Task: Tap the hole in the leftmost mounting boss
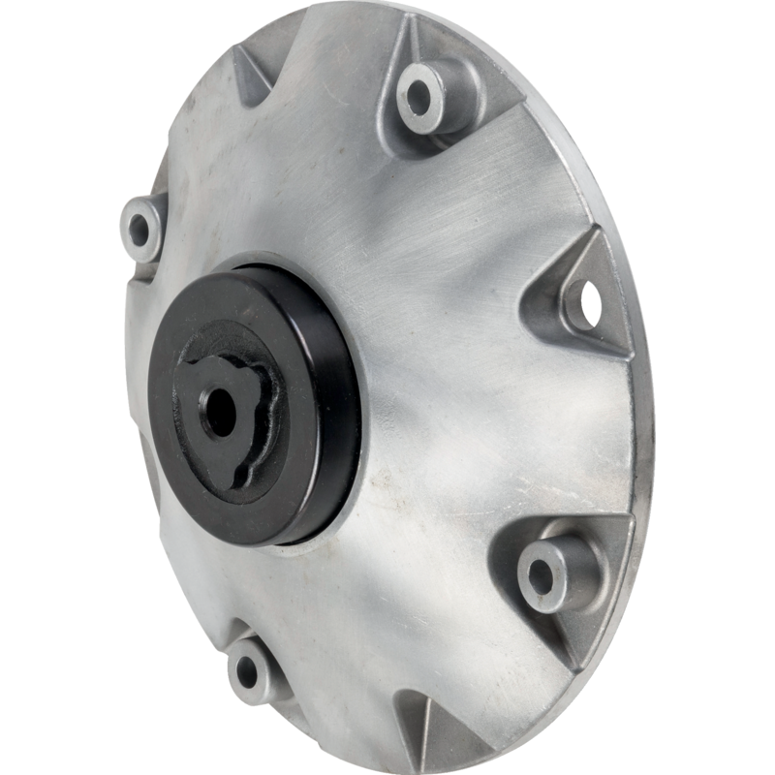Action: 139,230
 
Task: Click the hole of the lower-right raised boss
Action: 540,577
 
